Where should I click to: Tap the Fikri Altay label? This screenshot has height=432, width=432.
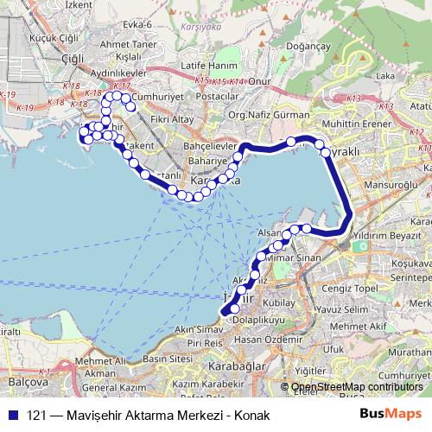[169, 118]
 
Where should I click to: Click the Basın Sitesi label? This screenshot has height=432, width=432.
[166, 357]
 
